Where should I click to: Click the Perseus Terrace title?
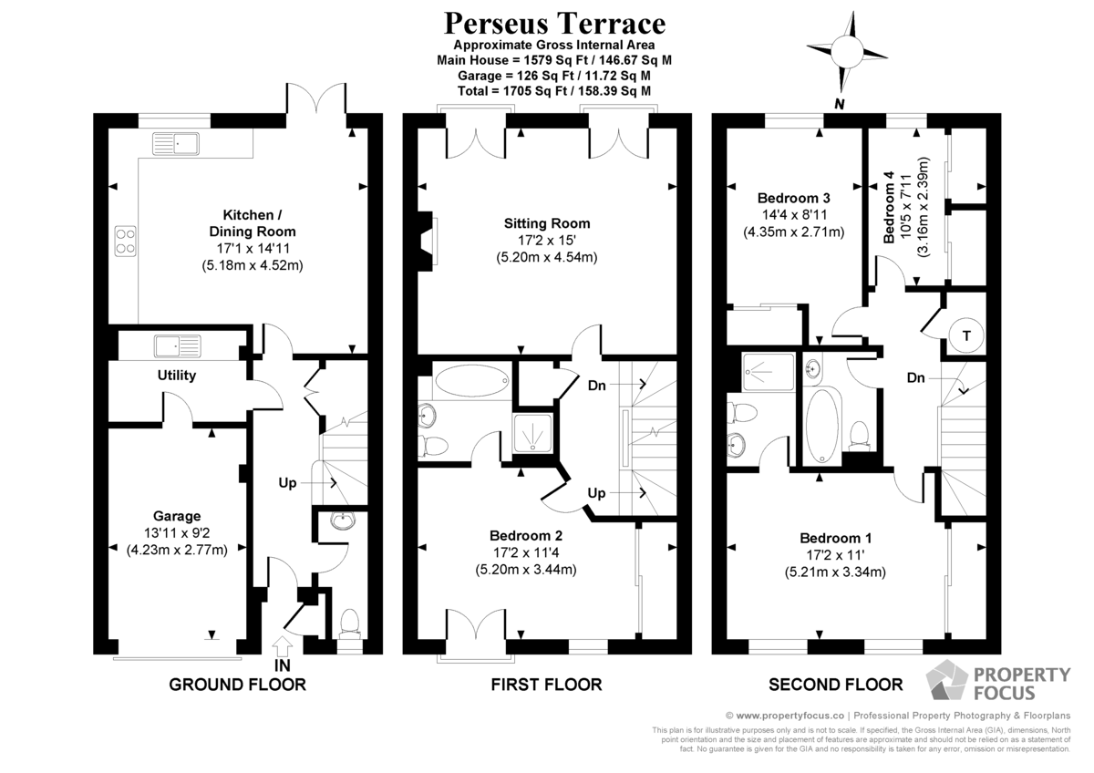point(554,24)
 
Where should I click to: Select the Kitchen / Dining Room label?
point(253,222)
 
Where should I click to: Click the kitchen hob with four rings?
point(126,242)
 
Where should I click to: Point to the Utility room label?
point(177,375)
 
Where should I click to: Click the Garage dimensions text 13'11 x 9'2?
point(177,532)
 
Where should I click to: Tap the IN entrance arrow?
point(283,646)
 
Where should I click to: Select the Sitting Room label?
point(547,223)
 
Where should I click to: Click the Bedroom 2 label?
point(526,535)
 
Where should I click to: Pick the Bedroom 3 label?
point(794,198)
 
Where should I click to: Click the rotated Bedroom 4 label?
point(889,207)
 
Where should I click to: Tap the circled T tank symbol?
point(966,335)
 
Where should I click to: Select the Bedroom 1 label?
point(836,538)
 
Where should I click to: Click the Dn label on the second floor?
point(915,377)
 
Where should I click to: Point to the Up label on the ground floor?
point(287,483)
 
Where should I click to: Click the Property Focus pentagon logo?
point(947,680)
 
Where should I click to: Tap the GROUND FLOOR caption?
point(237,685)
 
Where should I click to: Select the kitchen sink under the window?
point(176,143)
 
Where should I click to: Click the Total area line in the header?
point(554,91)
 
